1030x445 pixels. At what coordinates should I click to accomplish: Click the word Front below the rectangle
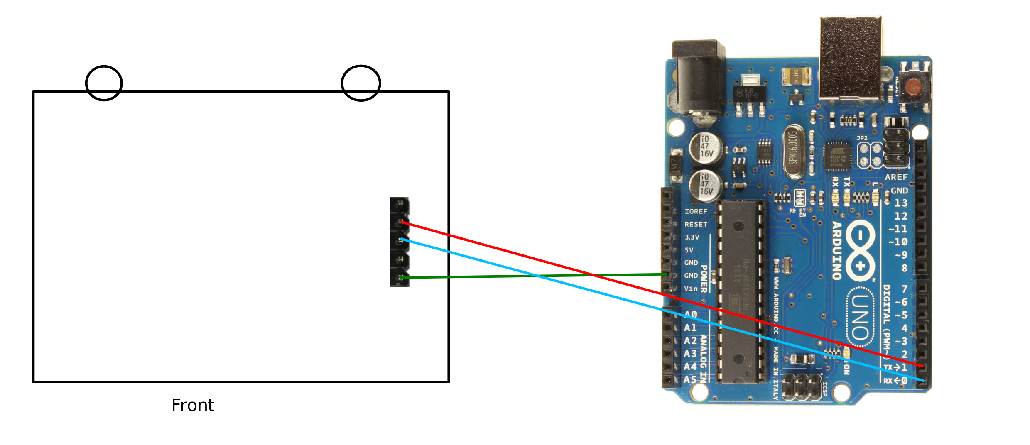coord(193,405)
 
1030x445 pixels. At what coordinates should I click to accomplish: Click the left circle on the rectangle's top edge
coord(104,83)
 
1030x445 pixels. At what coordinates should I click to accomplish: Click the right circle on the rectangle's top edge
coord(361,83)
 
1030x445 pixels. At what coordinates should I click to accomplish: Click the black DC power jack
coord(699,79)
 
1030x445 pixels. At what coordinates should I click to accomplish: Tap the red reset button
coord(914,87)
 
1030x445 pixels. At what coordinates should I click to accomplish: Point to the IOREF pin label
coord(696,211)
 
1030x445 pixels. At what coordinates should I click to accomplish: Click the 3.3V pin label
coord(692,237)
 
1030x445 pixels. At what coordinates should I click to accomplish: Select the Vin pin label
coord(691,289)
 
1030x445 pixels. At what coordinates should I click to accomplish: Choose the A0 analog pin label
coord(690,314)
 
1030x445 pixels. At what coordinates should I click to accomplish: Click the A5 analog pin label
coord(690,379)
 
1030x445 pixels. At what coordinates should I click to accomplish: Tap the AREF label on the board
coord(896,177)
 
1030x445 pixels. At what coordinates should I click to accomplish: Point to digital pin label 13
coord(901,203)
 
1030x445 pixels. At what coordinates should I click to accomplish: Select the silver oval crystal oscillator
coord(794,152)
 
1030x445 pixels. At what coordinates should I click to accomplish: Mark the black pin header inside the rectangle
coord(400,242)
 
